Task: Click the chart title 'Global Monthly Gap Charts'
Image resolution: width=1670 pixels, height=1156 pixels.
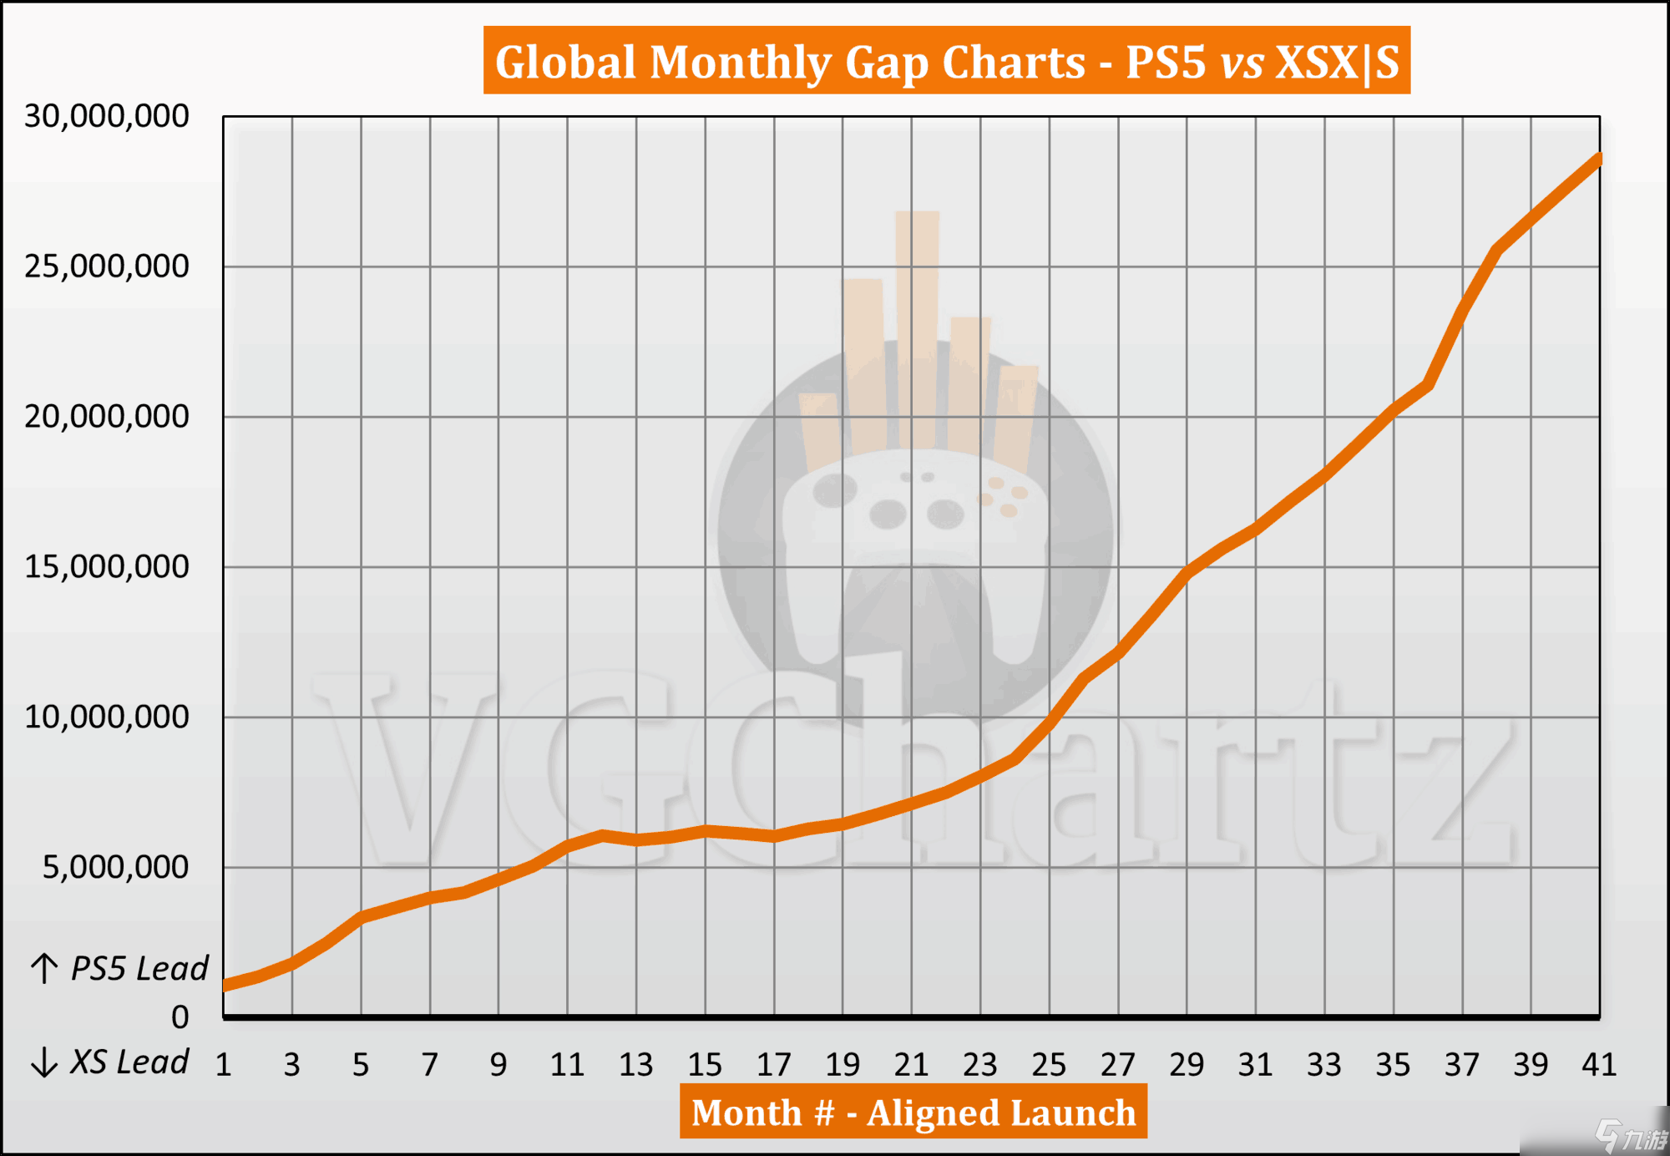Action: (x=946, y=61)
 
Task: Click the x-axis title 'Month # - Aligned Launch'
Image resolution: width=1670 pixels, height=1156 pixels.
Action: (x=913, y=1113)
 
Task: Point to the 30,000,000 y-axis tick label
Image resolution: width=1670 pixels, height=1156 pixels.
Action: (x=107, y=116)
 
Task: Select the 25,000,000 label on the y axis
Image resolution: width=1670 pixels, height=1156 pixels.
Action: (x=107, y=266)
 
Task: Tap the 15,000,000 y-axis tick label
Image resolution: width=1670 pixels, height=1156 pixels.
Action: (x=107, y=567)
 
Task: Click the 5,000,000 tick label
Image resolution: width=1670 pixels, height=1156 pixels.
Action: (x=115, y=868)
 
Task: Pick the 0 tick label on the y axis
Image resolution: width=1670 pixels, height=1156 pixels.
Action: (x=180, y=1017)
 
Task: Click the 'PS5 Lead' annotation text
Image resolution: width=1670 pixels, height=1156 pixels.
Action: (x=139, y=969)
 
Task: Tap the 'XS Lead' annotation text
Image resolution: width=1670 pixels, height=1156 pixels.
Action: (x=129, y=1062)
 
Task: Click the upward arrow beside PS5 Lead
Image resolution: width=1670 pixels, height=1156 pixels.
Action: (x=44, y=969)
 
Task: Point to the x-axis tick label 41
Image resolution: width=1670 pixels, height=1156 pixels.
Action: (x=1599, y=1065)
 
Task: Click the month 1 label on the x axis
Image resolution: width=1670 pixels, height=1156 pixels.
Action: (x=223, y=1065)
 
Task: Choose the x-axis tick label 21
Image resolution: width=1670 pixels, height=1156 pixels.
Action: (x=911, y=1065)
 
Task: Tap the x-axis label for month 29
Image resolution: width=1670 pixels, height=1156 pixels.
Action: (x=1187, y=1065)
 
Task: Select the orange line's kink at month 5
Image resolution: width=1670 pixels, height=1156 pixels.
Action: (x=361, y=917)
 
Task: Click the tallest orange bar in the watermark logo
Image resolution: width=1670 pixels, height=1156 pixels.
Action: (x=917, y=326)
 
